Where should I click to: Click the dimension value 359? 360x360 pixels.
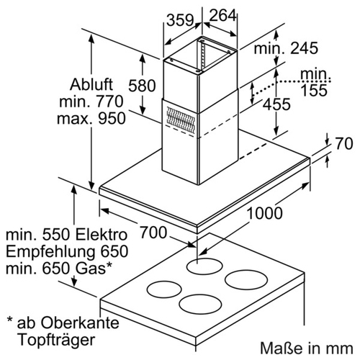tap(180, 20)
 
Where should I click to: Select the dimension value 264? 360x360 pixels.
tap(223, 15)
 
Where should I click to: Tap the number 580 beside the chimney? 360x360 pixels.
tap(142, 86)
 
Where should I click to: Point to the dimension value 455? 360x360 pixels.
tap(276, 104)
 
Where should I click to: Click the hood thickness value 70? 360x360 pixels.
tap(344, 144)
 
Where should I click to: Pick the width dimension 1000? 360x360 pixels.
tap(264, 213)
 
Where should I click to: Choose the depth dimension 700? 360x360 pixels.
tap(153, 233)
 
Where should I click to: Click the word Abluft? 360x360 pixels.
tap(91, 84)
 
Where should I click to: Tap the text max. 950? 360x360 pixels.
tap(91, 118)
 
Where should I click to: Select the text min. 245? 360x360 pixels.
tap(286, 48)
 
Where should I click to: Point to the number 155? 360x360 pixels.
tap(314, 90)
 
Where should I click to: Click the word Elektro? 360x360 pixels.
tap(102, 235)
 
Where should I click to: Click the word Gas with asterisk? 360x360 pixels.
tap(94, 268)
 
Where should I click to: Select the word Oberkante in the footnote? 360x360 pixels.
tap(80, 323)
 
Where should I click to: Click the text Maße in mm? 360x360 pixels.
tap(307, 348)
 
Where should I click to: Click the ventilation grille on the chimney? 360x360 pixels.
tap(180, 120)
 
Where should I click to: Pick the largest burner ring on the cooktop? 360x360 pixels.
tap(246, 280)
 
